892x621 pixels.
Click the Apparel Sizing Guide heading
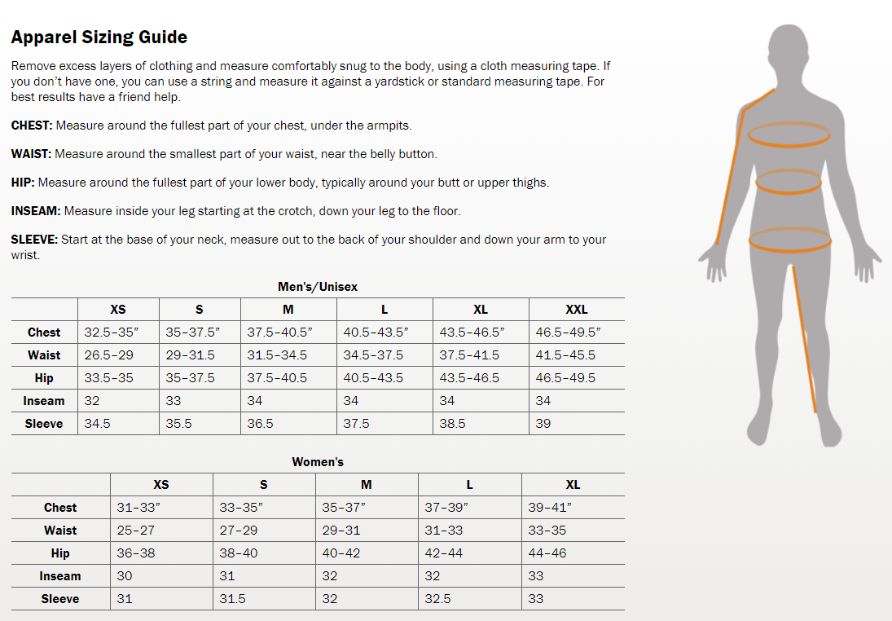click(x=99, y=37)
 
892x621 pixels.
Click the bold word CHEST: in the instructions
click(x=32, y=126)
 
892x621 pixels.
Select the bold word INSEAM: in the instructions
click(x=36, y=211)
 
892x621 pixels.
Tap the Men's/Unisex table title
click(x=318, y=287)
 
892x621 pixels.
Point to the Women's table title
click(x=318, y=462)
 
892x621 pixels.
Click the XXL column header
click(x=576, y=310)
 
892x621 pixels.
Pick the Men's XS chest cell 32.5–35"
click(x=112, y=333)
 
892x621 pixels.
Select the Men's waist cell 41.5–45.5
click(x=565, y=355)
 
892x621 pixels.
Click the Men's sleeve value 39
click(x=543, y=424)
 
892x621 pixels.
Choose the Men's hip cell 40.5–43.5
click(x=373, y=378)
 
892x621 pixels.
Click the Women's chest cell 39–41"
click(x=550, y=508)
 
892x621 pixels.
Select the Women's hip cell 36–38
click(x=136, y=553)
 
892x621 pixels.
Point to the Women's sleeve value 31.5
click(x=232, y=599)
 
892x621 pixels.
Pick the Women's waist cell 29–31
click(x=341, y=531)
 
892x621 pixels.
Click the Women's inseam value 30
click(x=125, y=576)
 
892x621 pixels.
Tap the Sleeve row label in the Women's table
click(x=60, y=599)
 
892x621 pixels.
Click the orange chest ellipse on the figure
click(x=789, y=134)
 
